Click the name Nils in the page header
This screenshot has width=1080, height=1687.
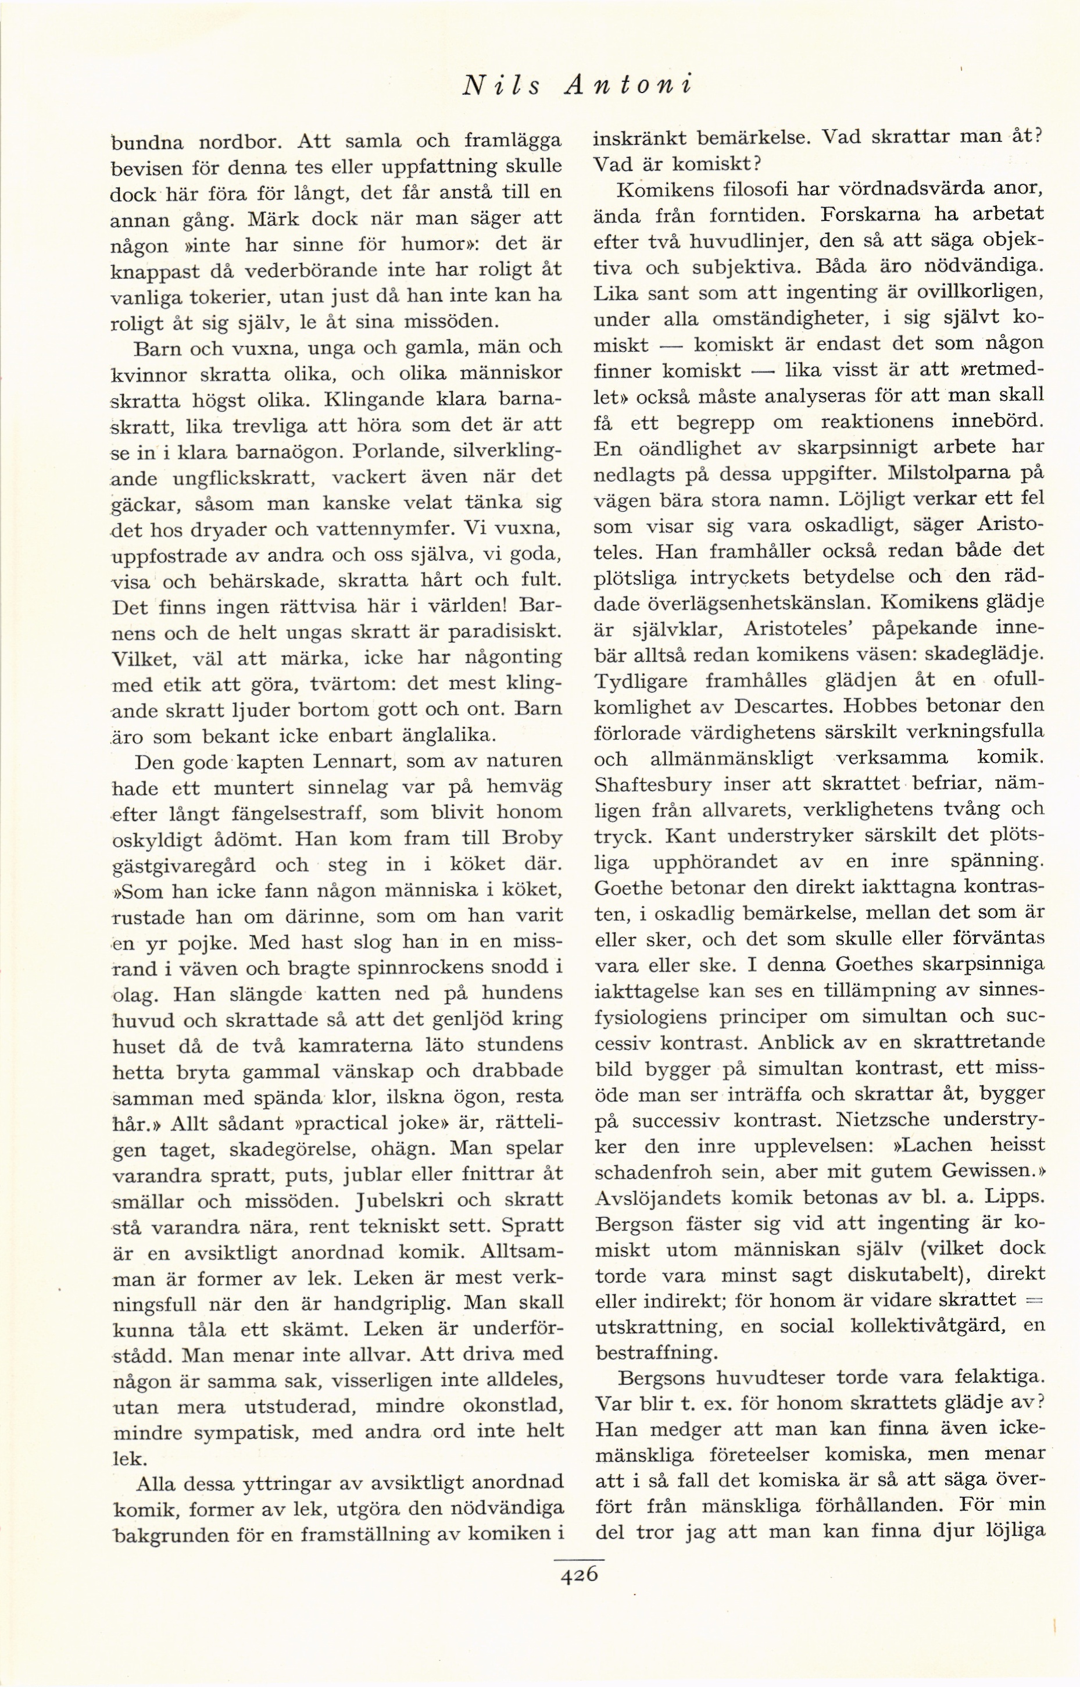[x=500, y=85]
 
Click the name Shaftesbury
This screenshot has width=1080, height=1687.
[x=643, y=784]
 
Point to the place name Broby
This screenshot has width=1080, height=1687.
[x=537, y=839]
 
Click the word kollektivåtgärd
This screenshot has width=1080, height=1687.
[x=924, y=1326]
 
